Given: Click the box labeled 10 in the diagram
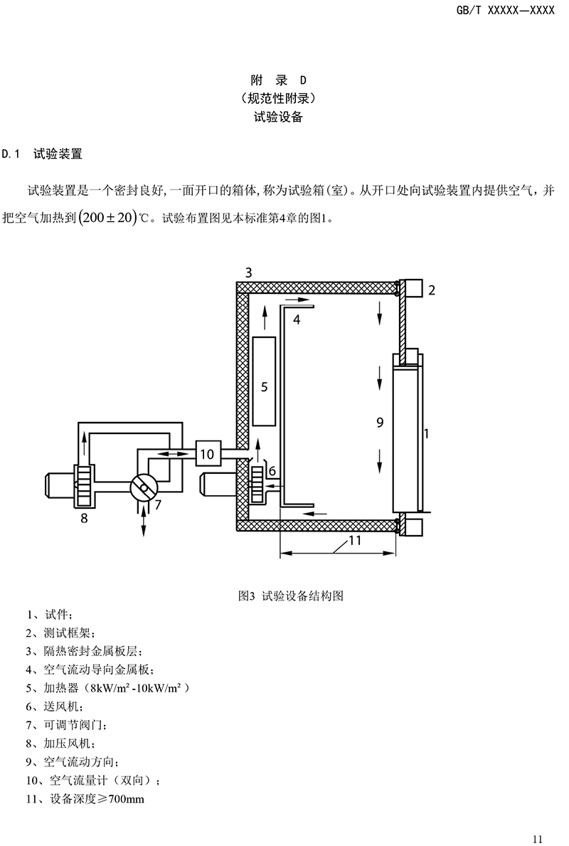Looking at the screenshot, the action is pyautogui.click(x=207, y=454).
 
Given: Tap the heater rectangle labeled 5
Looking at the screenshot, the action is pyautogui.click(x=264, y=381).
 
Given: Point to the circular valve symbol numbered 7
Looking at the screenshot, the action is pyautogui.click(x=144, y=487).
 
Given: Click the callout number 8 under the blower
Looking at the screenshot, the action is pyautogui.click(x=84, y=519).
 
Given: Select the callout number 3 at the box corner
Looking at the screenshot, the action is pyautogui.click(x=249, y=273).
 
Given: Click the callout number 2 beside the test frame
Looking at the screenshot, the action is pyautogui.click(x=432, y=290).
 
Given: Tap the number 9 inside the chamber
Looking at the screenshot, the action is pyautogui.click(x=380, y=423).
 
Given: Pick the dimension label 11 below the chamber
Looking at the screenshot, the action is pyautogui.click(x=354, y=540).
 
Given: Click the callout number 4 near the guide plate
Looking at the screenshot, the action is pyautogui.click(x=297, y=319).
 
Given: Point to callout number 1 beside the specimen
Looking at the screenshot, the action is pyautogui.click(x=427, y=433).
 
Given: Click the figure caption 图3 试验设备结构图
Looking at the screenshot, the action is pyautogui.click(x=291, y=596).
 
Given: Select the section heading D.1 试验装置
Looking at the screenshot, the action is pyautogui.click(x=41, y=154).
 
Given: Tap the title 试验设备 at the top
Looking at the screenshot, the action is pyautogui.click(x=278, y=117).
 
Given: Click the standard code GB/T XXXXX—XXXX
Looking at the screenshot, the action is pyautogui.click(x=506, y=10).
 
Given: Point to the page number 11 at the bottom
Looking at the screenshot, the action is pyautogui.click(x=537, y=838).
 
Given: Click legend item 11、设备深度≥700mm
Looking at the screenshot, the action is pyautogui.click(x=85, y=798).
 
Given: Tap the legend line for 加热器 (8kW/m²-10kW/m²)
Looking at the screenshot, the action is pyautogui.click(x=108, y=688).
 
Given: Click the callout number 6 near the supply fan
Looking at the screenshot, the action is pyautogui.click(x=272, y=471).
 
